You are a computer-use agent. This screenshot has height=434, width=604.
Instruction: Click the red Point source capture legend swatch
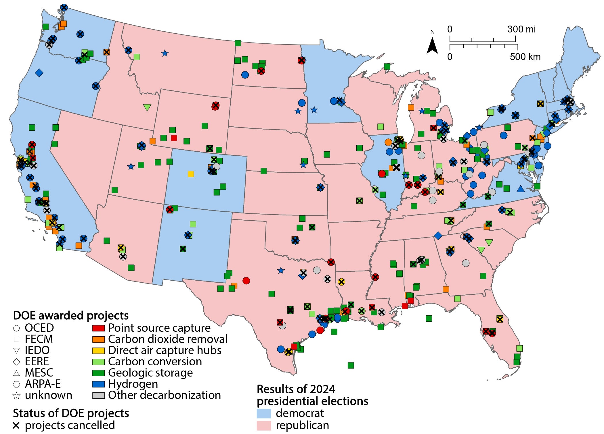click(98, 328)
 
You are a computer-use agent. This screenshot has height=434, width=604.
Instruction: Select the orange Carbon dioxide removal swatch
click(98, 339)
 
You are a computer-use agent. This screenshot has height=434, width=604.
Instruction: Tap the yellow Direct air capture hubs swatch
click(98, 350)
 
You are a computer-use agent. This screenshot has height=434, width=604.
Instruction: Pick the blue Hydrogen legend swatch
click(98, 384)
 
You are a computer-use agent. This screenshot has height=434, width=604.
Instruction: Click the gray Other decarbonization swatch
click(98, 395)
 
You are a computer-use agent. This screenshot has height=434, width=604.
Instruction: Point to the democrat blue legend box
click(264, 413)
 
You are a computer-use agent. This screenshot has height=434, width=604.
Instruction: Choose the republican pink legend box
click(264, 425)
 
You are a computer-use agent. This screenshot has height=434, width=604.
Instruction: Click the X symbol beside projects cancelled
click(16, 425)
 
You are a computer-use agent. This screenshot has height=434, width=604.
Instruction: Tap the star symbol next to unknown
click(16, 396)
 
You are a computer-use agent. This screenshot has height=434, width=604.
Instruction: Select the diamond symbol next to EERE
click(16, 362)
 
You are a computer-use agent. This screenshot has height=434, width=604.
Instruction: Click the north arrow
click(432, 46)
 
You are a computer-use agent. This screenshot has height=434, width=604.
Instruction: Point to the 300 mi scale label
click(521, 29)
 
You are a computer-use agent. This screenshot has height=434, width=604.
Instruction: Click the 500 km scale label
click(525, 57)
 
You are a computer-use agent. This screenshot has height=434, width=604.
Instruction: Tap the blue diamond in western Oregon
click(39, 73)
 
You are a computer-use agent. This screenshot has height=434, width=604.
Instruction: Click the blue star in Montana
click(165, 53)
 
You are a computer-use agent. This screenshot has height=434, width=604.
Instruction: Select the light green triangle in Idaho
click(147, 107)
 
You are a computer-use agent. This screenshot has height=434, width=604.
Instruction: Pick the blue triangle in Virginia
click(520, 189)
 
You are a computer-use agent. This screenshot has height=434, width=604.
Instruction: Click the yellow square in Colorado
click(191, 174)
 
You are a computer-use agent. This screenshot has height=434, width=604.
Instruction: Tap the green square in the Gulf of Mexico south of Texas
click(351, 365)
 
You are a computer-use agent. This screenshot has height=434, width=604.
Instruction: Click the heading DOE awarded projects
click(71, 315)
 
